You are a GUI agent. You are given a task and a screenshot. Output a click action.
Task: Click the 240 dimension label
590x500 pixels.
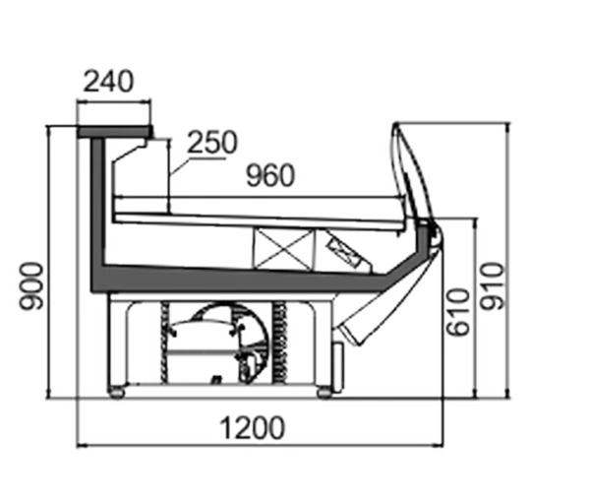point(108,81)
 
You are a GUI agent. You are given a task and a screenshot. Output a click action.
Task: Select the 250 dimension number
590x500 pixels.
point(212,142)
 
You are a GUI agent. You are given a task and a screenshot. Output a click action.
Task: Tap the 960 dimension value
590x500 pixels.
point(270,175)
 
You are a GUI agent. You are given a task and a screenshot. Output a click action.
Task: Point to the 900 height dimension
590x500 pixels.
point(31,286)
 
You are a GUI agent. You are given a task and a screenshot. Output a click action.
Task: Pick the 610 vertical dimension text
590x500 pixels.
point(458,312)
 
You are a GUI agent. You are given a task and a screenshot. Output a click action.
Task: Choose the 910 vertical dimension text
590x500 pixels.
point(493,286)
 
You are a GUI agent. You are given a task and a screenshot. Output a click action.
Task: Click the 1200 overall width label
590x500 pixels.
point(252,428)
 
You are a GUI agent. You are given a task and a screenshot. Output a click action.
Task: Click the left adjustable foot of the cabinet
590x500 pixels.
point(117,393)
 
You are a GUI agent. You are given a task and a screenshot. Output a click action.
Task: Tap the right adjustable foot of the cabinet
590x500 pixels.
point(324,393)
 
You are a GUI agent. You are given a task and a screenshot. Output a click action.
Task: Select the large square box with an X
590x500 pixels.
point(283,250)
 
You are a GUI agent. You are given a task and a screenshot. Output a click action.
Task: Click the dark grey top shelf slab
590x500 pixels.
point(115,131)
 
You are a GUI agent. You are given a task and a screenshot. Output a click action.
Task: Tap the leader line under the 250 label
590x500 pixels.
point(197,165)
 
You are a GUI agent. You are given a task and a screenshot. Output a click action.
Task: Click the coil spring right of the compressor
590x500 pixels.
point(280,343)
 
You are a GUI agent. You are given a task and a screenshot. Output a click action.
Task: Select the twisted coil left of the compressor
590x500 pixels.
point(164,343)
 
